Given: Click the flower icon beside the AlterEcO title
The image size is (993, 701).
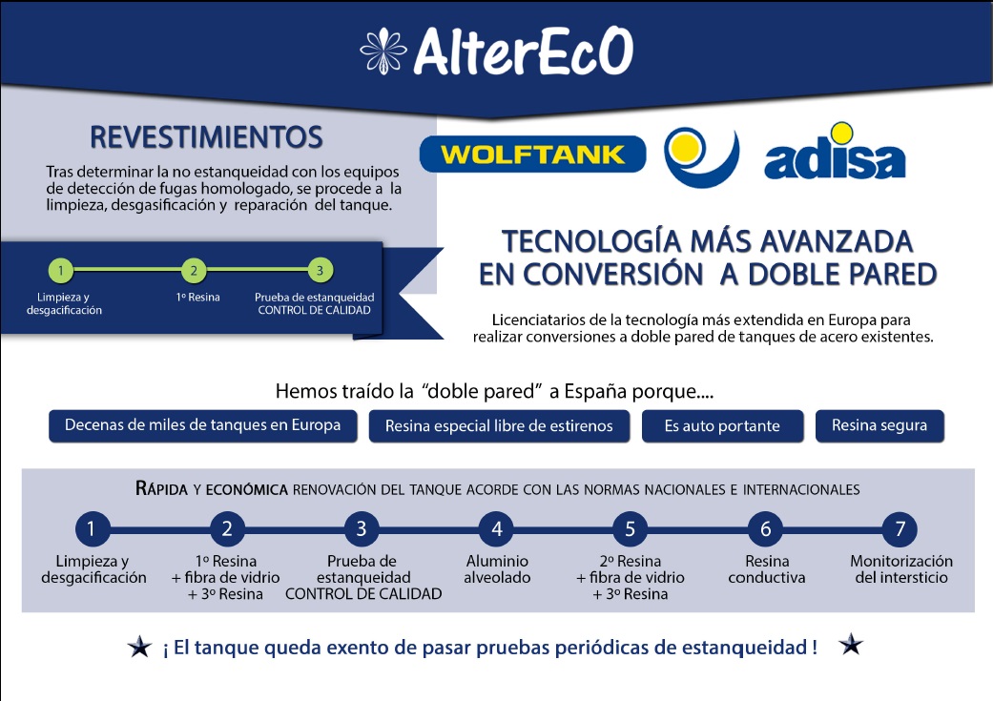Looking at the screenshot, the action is pyautogui.click(x=383, y=52).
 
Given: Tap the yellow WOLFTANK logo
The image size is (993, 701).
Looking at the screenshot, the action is pyautogui.click(x=532, y=155).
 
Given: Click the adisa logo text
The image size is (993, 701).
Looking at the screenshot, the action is pyautogui.click(x=835, y=159).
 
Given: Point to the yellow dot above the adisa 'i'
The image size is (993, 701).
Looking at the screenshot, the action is pyautogui.click(x=841, y=133).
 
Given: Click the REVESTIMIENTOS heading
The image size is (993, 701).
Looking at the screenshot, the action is pyautogui.click(x=206, y=137).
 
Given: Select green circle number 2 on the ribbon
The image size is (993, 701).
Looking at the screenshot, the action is pyautogui.click(x=194, y=271).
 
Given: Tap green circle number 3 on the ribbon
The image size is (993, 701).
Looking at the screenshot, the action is pyautogui.click(x=321, y=271).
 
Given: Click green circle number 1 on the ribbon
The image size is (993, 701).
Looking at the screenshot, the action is pyautogui.click(x=61, y=271).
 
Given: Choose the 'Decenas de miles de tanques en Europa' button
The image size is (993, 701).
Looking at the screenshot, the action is pyautogui.click(x=202, y=425).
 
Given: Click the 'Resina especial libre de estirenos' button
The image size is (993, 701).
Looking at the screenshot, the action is pyautogui.click(x=499, y=426).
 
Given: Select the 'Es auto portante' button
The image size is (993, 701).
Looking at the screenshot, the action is pyautogui.click(x=723, y=426).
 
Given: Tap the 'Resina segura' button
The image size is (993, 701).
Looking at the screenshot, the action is pyautogui.click(x=879, y=426).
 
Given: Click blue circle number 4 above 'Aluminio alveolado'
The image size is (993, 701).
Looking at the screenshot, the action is pyautogui.click(x=496, y=528).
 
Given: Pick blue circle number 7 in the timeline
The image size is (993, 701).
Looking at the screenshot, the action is pyautogui.click(x=900, y=528).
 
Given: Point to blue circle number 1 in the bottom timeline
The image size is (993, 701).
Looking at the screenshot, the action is pyautogui.click(x=93, y=528).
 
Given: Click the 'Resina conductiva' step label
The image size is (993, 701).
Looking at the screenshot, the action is pyautogui.click(x=767, y=569).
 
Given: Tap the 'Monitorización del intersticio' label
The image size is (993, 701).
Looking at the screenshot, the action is pyautogui.click(x=901, y=569).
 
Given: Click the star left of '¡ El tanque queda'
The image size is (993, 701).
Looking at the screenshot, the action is pyautogui.click(x=139, y=647).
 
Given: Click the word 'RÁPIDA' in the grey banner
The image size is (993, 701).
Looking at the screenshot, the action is pyautogui.click(x=161, y=489).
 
